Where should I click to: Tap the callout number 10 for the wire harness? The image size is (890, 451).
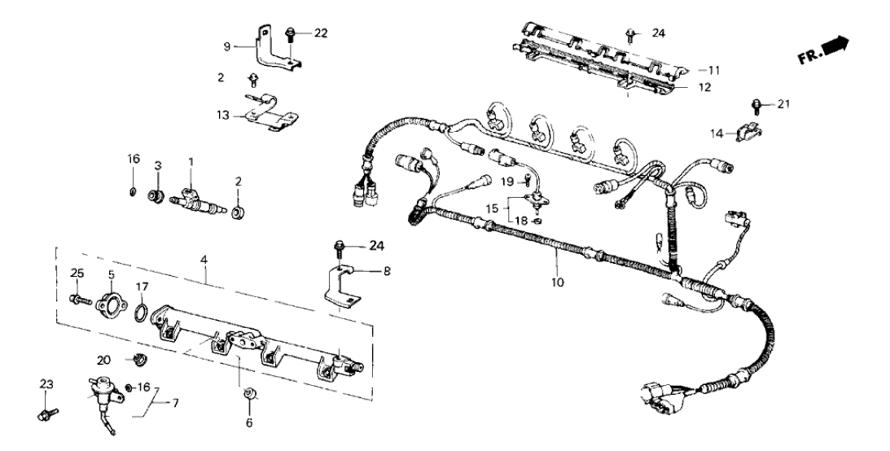(x=557, y=282)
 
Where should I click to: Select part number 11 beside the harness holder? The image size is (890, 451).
(x=715, y=70)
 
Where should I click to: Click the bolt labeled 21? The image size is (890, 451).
(x=756, y=104)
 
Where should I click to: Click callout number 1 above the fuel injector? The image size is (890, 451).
(x=191, y=163)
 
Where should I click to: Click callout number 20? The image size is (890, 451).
(x=104, y=359)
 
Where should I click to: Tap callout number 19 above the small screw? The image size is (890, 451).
(x=506, y=180)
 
